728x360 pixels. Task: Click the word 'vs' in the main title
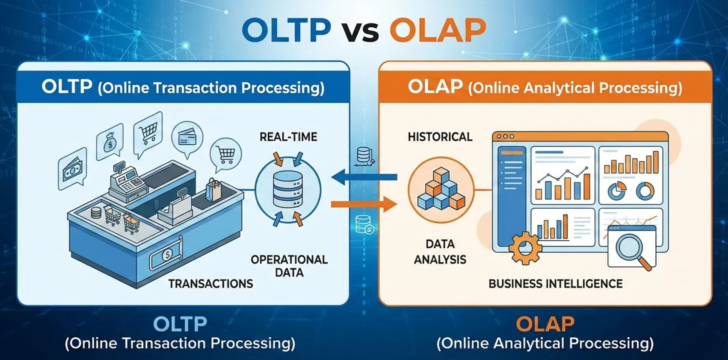360,31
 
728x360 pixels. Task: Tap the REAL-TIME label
289,136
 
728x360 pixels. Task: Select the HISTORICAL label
440,136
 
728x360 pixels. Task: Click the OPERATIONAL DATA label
289,265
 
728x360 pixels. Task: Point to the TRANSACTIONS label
210,283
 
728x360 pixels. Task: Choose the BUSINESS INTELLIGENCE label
555,283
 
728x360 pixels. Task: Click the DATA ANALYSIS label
440,251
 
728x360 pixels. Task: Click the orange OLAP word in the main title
437,31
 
